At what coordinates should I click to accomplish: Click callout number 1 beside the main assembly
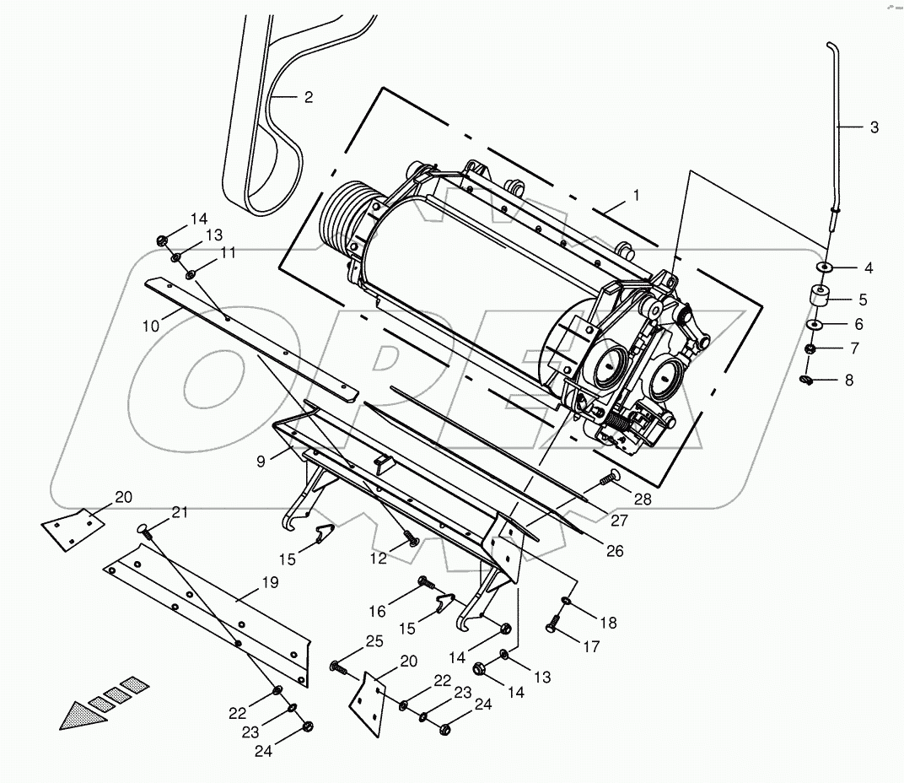pyautogui.click(x=637, y=196)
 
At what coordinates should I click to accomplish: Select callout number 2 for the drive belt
pyautogui.click(x=308, y=97)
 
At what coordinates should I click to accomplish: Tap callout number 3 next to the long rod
pyautogui.click(x=874, y=127)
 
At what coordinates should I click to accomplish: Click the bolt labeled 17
pyautogui.click(x=553, y=627)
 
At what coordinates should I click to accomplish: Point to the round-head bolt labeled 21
pyautogui.click(x=143, y=532)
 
